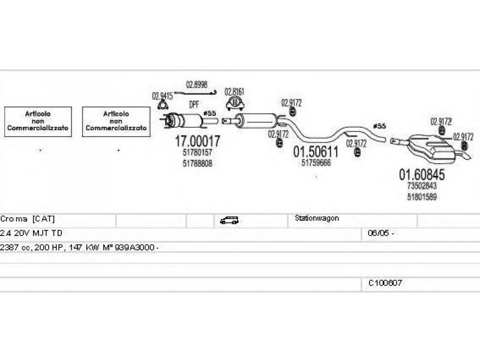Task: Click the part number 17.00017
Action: click(197, 142)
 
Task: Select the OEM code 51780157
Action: click(197, 153)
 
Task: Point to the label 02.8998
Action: click(196, 84)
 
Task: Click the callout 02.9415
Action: click(162, 95)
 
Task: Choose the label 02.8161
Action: click(235, 92)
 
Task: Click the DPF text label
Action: click(194, 104)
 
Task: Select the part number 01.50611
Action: click(316, 152)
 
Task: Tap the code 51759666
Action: click(316, 163)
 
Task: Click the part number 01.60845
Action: click(422, 175)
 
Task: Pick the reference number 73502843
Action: click(422, 186)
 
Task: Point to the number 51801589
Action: click(422, 196)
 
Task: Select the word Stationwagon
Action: click(317, 218)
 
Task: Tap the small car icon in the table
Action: click(229, 220)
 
